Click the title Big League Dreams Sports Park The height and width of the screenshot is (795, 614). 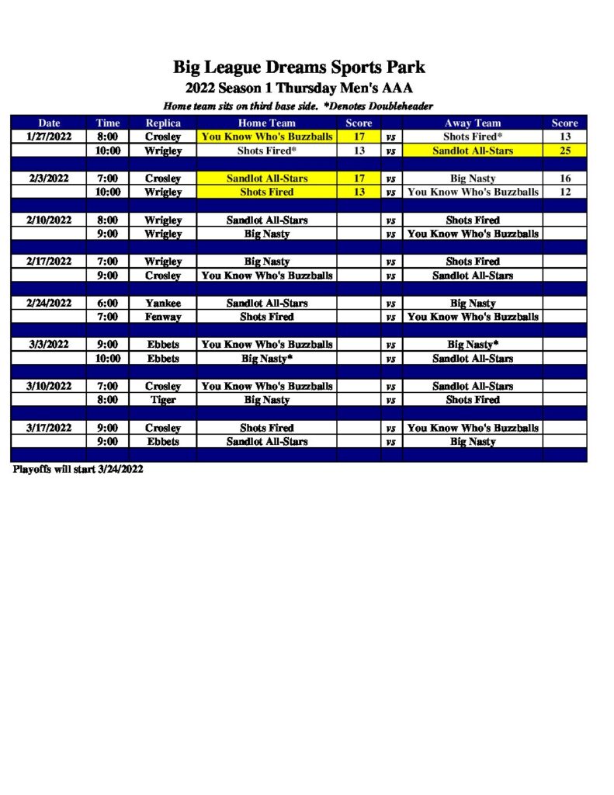[299, 67]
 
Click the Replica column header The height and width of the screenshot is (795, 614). [163, 123]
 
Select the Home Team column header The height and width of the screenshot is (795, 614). [266, 123]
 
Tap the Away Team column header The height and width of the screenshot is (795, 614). [472, 123]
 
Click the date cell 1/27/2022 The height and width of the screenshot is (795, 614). [49, 137]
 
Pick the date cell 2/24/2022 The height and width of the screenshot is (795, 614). [49, 304]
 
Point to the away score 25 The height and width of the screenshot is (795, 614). [564, 151]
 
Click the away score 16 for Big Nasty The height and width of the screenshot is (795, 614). [564, 179]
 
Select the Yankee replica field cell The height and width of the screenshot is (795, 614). [163, 304]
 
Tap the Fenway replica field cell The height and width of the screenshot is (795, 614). [163, 317]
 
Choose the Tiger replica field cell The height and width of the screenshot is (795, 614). [163, 400]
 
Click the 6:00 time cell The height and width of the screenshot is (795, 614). [107, 304]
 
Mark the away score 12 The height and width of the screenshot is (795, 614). [564, 192]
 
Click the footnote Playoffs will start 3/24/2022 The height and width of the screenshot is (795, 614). [78, 470]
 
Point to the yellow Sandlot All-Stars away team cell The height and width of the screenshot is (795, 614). [472, 151]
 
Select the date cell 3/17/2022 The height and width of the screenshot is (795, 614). [49, 428]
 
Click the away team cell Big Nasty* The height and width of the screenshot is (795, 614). [472, 345]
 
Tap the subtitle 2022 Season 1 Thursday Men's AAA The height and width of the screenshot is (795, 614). [299, 88]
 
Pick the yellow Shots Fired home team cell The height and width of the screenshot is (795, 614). [266, 192]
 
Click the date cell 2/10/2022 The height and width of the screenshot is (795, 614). [49, 220]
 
